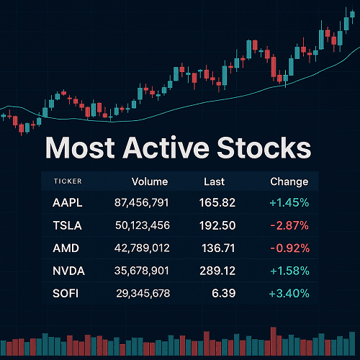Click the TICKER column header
click(67, 182)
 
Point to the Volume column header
click(149, 181)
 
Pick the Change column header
click(289, 181)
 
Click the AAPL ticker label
click(68, 203)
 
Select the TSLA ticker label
click(68, 225)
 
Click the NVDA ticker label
click(68, 271)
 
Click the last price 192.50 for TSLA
click(217, 225)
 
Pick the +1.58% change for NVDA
click(288, 271)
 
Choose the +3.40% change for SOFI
click(288, 293)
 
